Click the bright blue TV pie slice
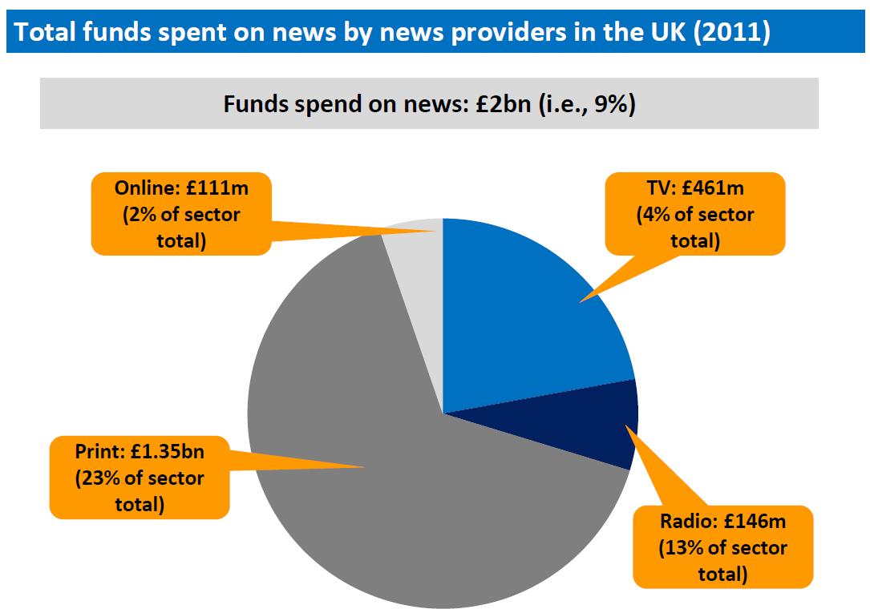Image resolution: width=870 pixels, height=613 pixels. click(x=521, y=321)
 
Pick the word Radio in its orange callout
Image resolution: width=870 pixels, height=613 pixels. click(x=686, y=522)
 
